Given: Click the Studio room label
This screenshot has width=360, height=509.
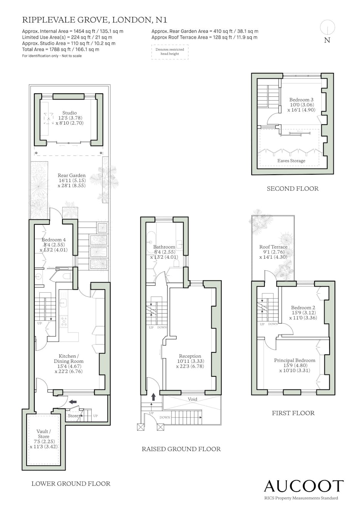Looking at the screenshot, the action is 69,113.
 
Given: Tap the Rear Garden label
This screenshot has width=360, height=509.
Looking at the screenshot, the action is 72,175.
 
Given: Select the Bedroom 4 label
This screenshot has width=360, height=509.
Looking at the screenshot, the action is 54,240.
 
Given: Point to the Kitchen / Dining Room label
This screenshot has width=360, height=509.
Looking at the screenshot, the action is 69,359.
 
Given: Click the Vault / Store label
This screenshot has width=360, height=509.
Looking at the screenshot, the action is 44,434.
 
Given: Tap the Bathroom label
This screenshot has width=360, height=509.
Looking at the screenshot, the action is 164,247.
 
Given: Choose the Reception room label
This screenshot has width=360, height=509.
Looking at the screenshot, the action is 190,356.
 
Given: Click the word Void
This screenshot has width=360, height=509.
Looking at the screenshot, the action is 192,399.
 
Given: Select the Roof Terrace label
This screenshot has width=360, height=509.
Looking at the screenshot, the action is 273,247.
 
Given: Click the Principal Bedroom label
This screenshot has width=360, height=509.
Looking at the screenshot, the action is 294,361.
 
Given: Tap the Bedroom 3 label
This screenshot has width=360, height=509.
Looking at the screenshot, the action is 301,99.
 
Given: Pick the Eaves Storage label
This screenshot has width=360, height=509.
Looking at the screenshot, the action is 291,161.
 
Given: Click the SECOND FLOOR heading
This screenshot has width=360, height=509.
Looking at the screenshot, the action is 293,189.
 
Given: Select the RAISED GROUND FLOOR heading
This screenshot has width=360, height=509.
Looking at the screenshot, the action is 181,449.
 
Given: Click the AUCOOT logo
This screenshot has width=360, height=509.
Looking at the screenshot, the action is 304,486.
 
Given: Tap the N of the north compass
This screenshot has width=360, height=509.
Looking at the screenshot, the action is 327,40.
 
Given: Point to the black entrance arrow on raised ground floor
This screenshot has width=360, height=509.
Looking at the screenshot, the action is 153,397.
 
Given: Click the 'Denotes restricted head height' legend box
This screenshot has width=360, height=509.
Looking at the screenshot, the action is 170,52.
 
